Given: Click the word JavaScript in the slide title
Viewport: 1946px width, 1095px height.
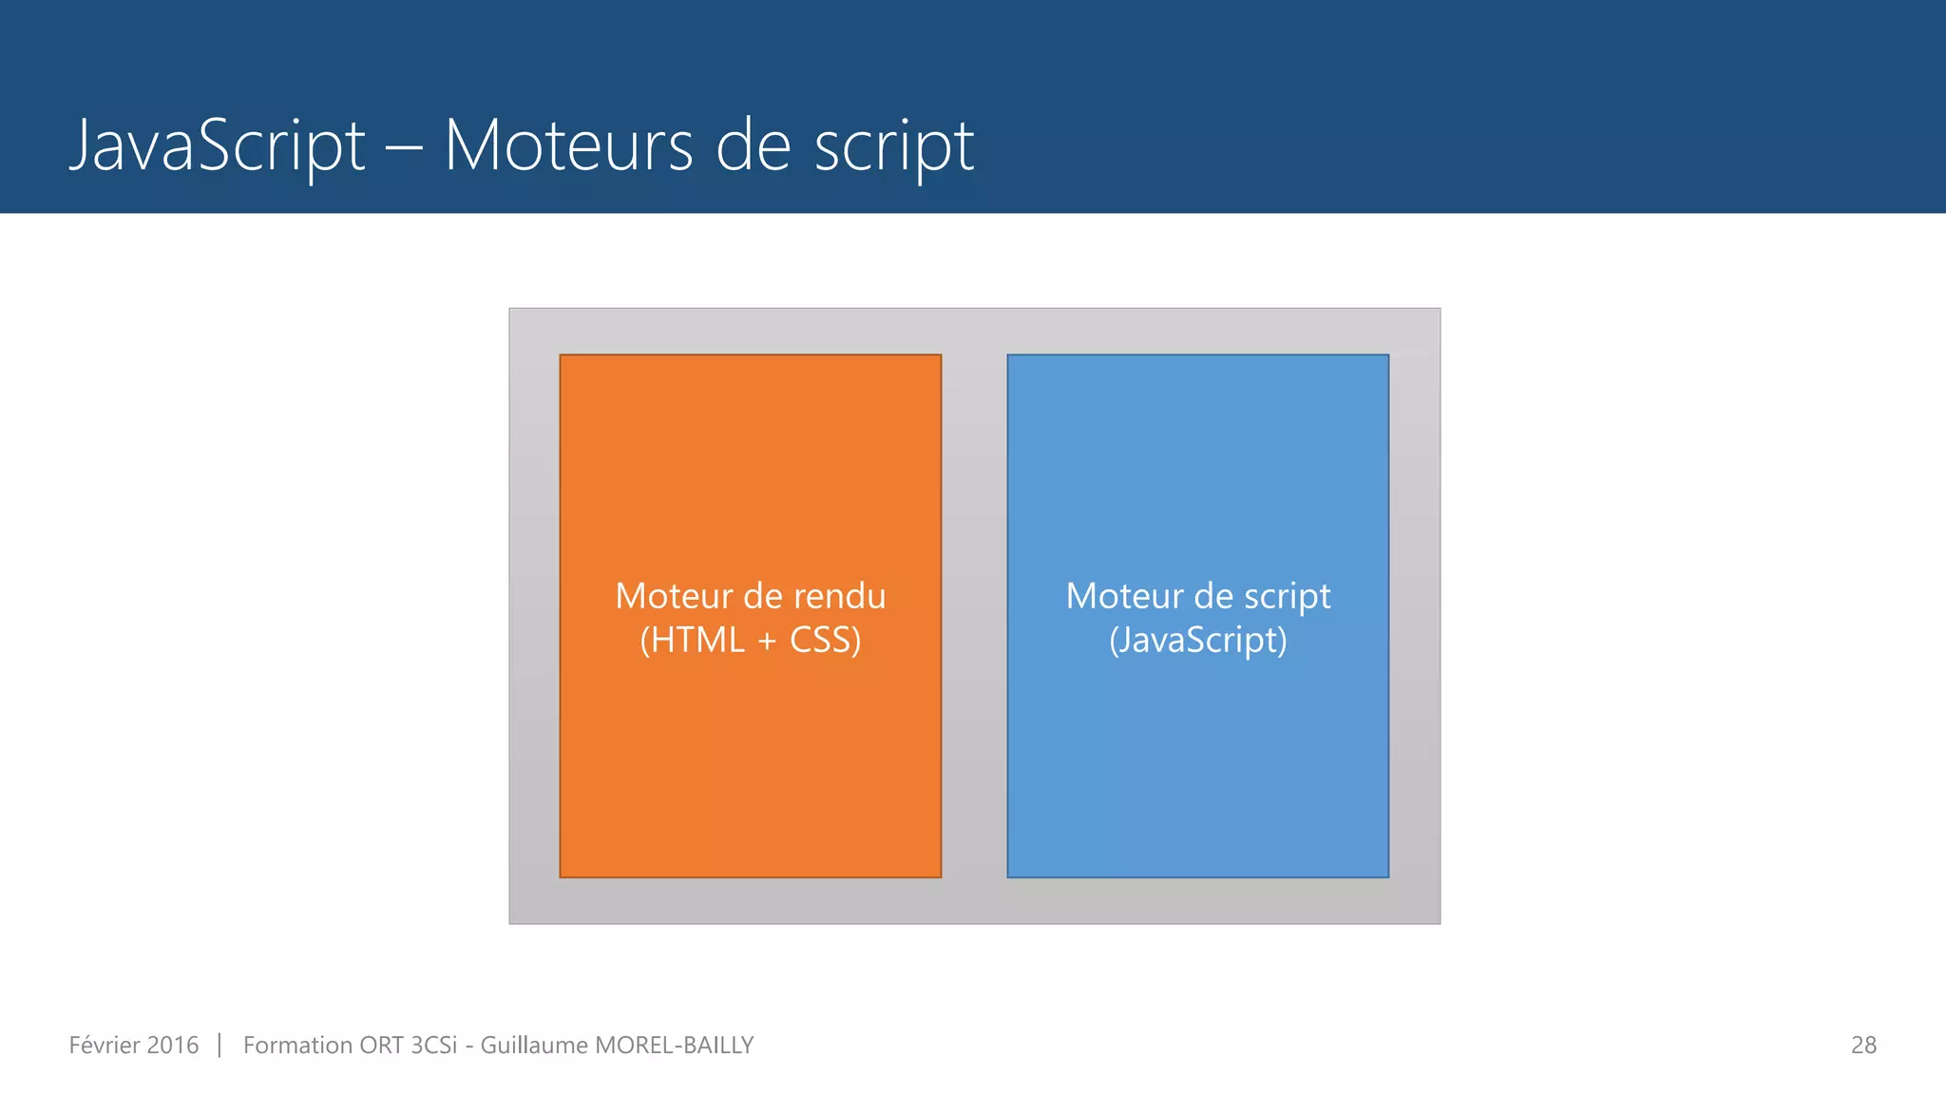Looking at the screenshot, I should [x=217, y=145].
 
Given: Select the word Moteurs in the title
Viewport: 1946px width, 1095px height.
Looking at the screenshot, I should [x=568, y=145].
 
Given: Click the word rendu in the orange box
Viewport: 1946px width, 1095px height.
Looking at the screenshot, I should [x=839, y=596].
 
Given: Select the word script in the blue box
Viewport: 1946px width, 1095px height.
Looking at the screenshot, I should [x=1288, y=596].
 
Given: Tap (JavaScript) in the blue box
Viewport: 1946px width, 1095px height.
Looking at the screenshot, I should [x=1198, y=640].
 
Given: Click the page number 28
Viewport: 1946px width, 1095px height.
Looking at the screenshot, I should [x=1863, y=1046].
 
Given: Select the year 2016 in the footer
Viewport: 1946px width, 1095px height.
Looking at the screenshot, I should [x=173, y=1046].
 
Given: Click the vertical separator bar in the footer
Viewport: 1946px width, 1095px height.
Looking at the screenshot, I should [x=219, y=1046].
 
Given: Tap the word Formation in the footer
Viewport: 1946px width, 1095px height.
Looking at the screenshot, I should [x=296, y=1046].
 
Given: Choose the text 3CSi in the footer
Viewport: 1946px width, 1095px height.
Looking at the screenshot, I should [x=433, y=1046].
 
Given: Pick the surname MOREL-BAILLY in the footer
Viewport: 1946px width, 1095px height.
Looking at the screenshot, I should [x=674, y=1046].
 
